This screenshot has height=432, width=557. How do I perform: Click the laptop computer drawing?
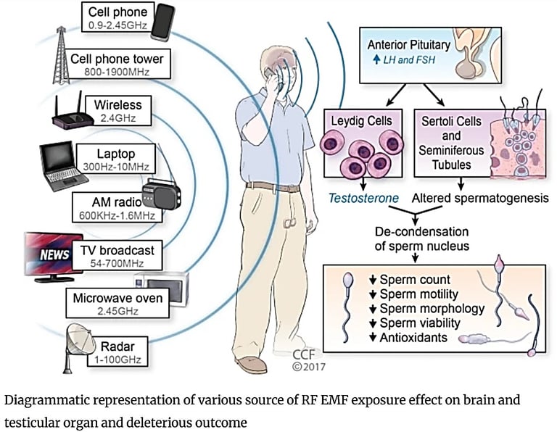(62, 167)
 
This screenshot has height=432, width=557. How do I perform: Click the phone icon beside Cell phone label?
(162, 22)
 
